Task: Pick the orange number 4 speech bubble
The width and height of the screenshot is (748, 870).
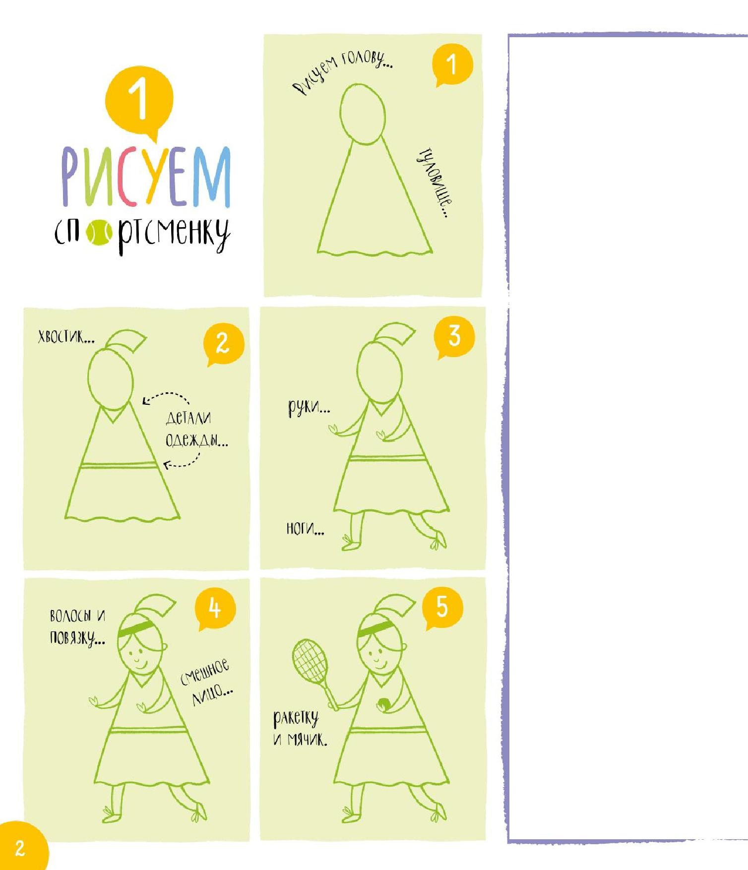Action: (x=215, y=609)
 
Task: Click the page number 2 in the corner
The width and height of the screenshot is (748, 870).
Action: (x=20, y=848)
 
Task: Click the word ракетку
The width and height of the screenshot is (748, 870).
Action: (x=296, y=719)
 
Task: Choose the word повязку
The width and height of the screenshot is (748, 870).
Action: (x=77, y=638)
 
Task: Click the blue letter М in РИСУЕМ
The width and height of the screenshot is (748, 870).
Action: (x=212, y=176)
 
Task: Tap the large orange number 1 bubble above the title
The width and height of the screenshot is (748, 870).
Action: (x=139, y=101)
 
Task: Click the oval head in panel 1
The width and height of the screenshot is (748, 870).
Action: (x=363, y=114)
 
